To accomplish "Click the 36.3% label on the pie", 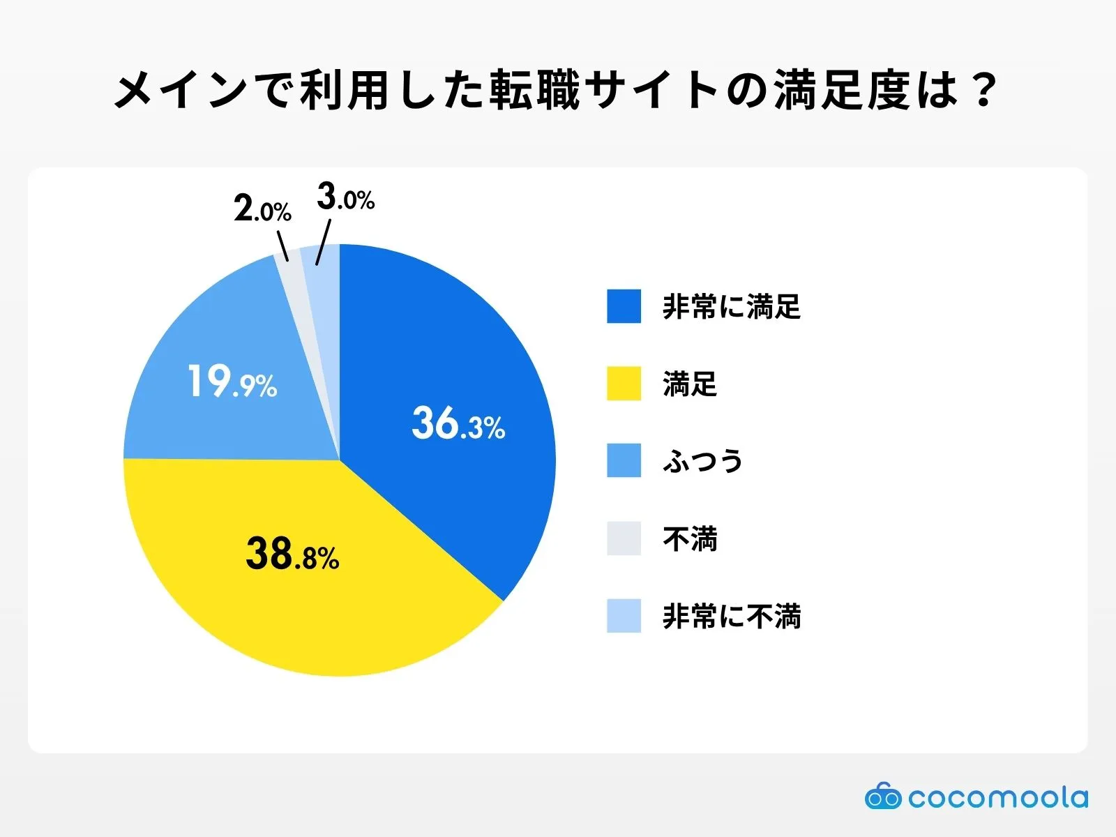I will (x=458, y=423).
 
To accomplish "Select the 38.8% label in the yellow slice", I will (x=292, y=555).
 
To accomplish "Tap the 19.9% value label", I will (x=232, y=382).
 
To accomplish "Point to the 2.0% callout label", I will (x=262, y=209).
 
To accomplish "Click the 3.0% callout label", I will (x=345, y=197).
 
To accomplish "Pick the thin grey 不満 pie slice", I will (x=290, y=279).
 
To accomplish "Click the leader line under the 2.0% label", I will (x=282, y=247).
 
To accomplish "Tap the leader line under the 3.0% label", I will (x=322, y=242).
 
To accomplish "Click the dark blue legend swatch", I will (x=624, y=306).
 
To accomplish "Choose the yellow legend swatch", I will (x=624, y=384).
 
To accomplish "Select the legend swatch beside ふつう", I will (x=624, y=461).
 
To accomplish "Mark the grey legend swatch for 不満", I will (x=624, y=538).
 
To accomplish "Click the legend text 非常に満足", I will (x=731, y=307).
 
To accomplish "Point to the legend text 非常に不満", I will (x=731, y=617).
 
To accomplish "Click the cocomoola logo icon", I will (x=882, y=797).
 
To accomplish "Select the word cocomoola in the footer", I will (x=997, y=797).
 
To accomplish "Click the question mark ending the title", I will (x=983, y=91).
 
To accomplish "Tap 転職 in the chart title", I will (x=534, y=91).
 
